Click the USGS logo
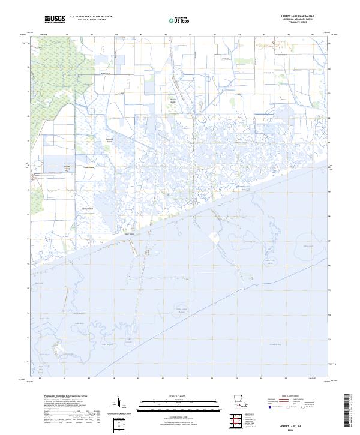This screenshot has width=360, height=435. point(55,20)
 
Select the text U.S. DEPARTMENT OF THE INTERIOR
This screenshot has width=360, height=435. point(91,17)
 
